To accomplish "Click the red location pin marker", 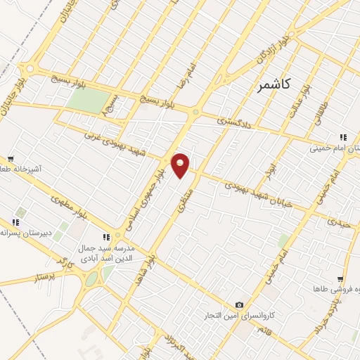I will [181, 165].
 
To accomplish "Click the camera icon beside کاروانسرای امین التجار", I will [240, 304].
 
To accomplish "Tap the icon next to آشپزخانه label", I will [11, 160].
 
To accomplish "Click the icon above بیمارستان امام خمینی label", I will [342, 137].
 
